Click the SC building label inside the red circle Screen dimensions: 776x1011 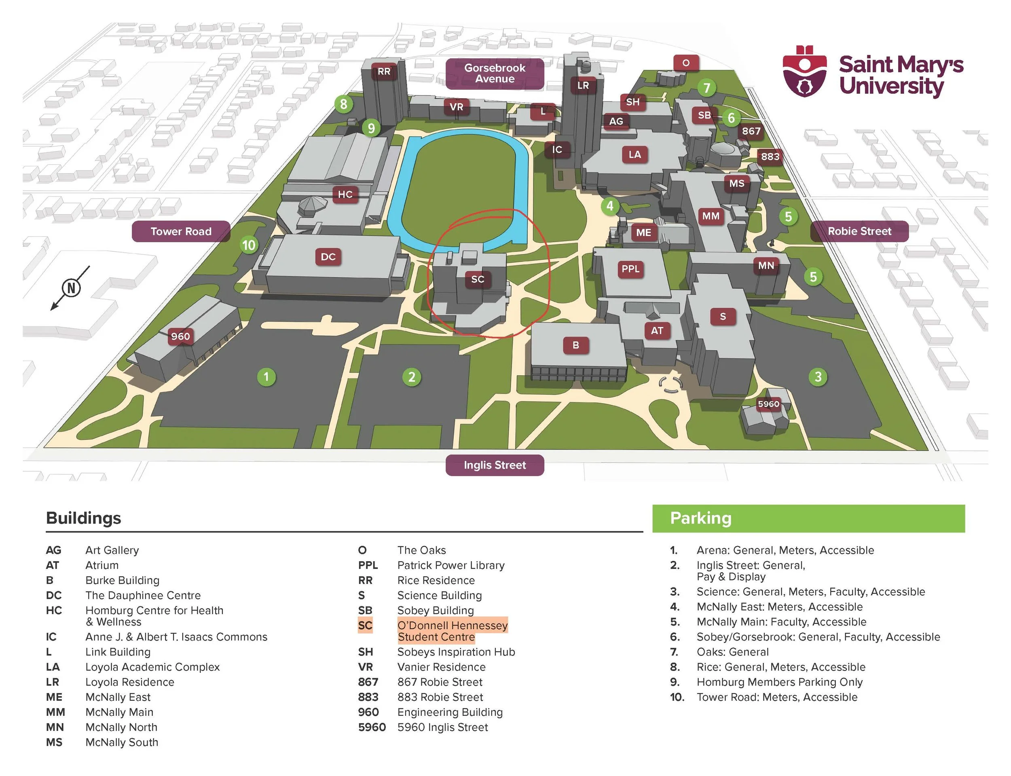tap(478, 279)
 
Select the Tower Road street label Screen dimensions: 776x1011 tap(181, 231)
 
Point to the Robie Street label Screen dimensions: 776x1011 tap(859, 231)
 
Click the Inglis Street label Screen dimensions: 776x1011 tap(495, 465)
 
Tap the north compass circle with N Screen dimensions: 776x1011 tap(71, 288)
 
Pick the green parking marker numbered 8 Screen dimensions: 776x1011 tap(344, 104)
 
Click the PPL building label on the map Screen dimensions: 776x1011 tap(630, 269)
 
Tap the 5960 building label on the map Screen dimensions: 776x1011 tap(768, 404)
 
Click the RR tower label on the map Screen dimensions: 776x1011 tap(384, 72)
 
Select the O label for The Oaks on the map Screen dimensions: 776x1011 tap(686, 63)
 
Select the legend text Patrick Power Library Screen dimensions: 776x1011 tap(451, 565)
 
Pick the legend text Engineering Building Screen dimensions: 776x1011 tap(450, 712)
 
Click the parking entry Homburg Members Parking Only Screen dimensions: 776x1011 tap(779, 682)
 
